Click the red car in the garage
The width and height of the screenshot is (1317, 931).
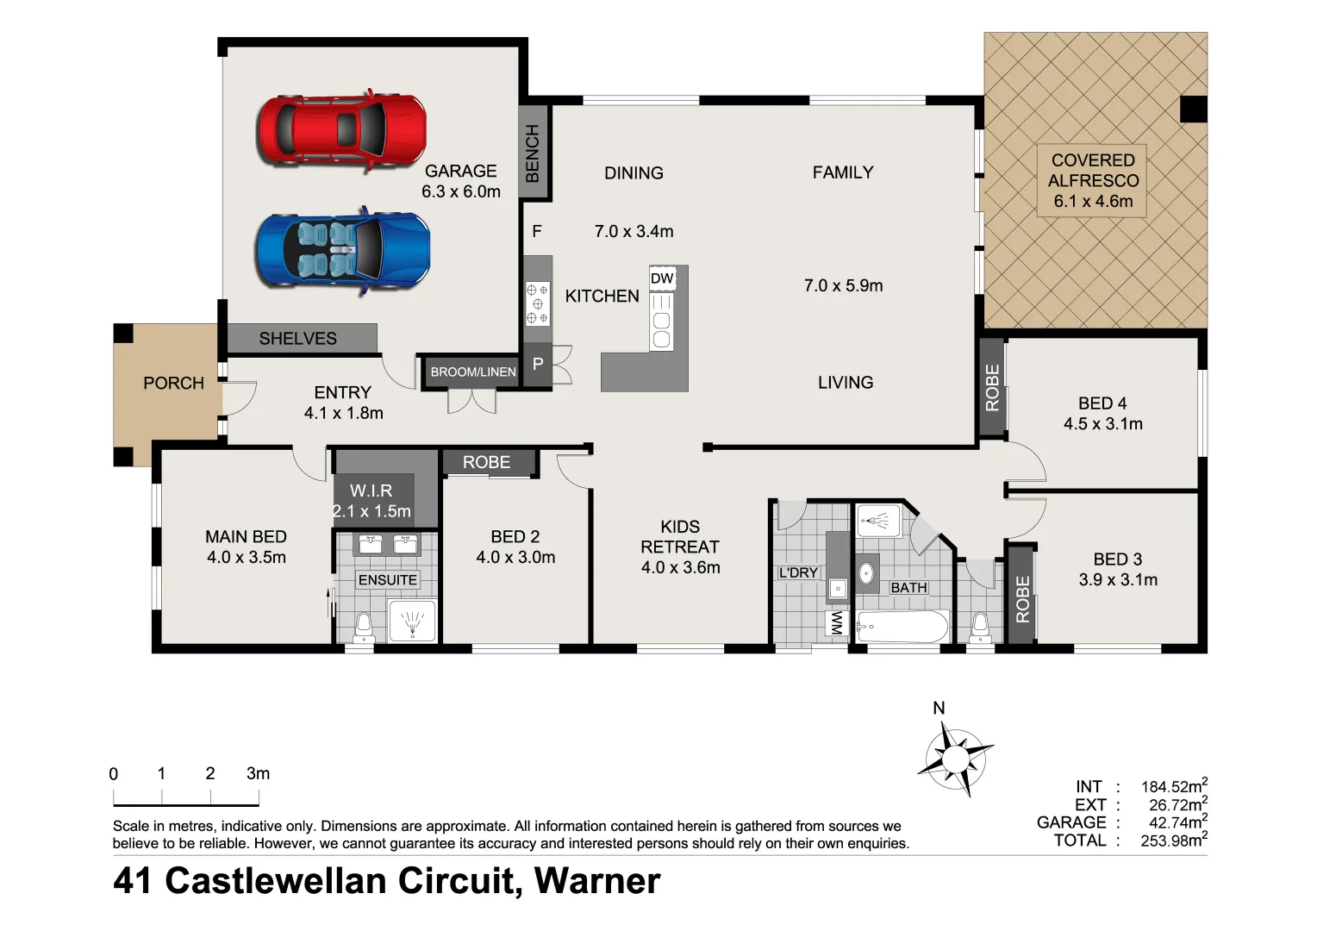342,130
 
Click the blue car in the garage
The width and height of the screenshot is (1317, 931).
342,250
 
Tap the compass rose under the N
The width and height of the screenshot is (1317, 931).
955,758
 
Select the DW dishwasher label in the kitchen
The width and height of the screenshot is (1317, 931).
662,278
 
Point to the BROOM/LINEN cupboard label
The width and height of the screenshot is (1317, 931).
473,372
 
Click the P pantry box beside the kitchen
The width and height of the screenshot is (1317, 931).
538,364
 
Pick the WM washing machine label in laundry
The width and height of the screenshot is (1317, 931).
835,622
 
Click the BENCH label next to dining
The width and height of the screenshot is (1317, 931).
533,153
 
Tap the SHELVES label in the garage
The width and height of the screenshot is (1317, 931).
298,339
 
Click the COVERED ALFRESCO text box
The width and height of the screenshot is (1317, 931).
1093,181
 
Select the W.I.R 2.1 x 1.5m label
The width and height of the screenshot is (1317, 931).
372,501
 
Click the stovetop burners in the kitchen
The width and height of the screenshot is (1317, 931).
538,303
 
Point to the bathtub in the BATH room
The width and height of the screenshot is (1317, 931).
902,627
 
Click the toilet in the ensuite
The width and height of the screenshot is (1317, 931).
363,626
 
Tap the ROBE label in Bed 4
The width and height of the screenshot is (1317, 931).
992,387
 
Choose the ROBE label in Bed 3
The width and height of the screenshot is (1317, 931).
1022,599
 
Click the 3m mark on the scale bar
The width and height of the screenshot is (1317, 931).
258,774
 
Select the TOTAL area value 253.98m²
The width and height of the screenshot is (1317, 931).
1173,840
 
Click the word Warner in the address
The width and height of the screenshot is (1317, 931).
596,881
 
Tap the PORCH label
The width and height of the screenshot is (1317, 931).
173,383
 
